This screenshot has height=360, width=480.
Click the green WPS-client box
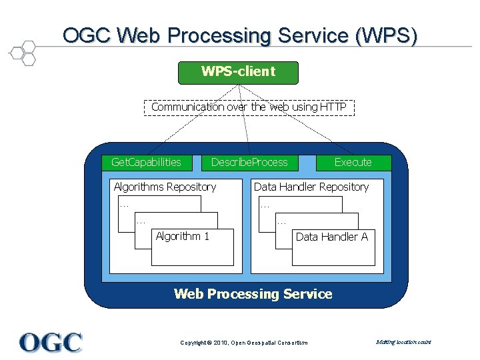[x=238, y=72]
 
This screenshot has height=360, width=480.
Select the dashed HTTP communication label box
[x=248, y=107]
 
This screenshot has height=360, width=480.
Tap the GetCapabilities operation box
[x=146, y=162]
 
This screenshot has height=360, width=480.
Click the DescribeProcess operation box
[x=249, y=162]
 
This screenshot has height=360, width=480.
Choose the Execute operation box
[x=353, y=162]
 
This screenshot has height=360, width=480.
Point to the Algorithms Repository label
[x=165, y=187]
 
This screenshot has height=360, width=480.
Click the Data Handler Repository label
[x=311, y=187]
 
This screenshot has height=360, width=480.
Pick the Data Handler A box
[x=333, y=247]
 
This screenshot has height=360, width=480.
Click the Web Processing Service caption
[x=253, y=294]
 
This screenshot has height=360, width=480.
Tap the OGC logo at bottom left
[x=51, y=342]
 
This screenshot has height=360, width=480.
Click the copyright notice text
[x=244, y=343]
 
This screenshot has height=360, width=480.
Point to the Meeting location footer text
[x=403, y=342]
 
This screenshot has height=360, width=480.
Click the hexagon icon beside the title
[x=23, y=52]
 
